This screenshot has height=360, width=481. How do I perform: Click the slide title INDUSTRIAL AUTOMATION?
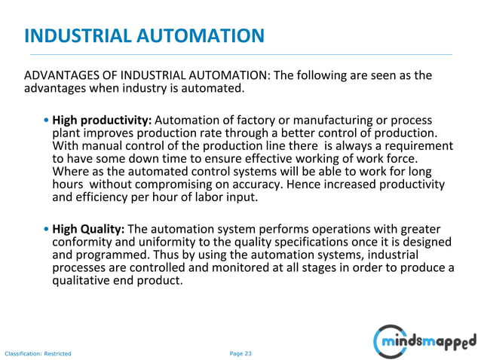[x=144, y=35]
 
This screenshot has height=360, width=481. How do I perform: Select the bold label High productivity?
[x=102, y=121]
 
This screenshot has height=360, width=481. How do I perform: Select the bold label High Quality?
[x=89, y=229]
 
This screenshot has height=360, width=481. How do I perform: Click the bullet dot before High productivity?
[x=47, y=121]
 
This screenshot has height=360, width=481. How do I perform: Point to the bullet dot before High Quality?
[x=47, y=230]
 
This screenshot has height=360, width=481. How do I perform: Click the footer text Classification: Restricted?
[x=38, y=352]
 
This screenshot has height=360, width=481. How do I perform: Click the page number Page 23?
[x=240, y=352]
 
